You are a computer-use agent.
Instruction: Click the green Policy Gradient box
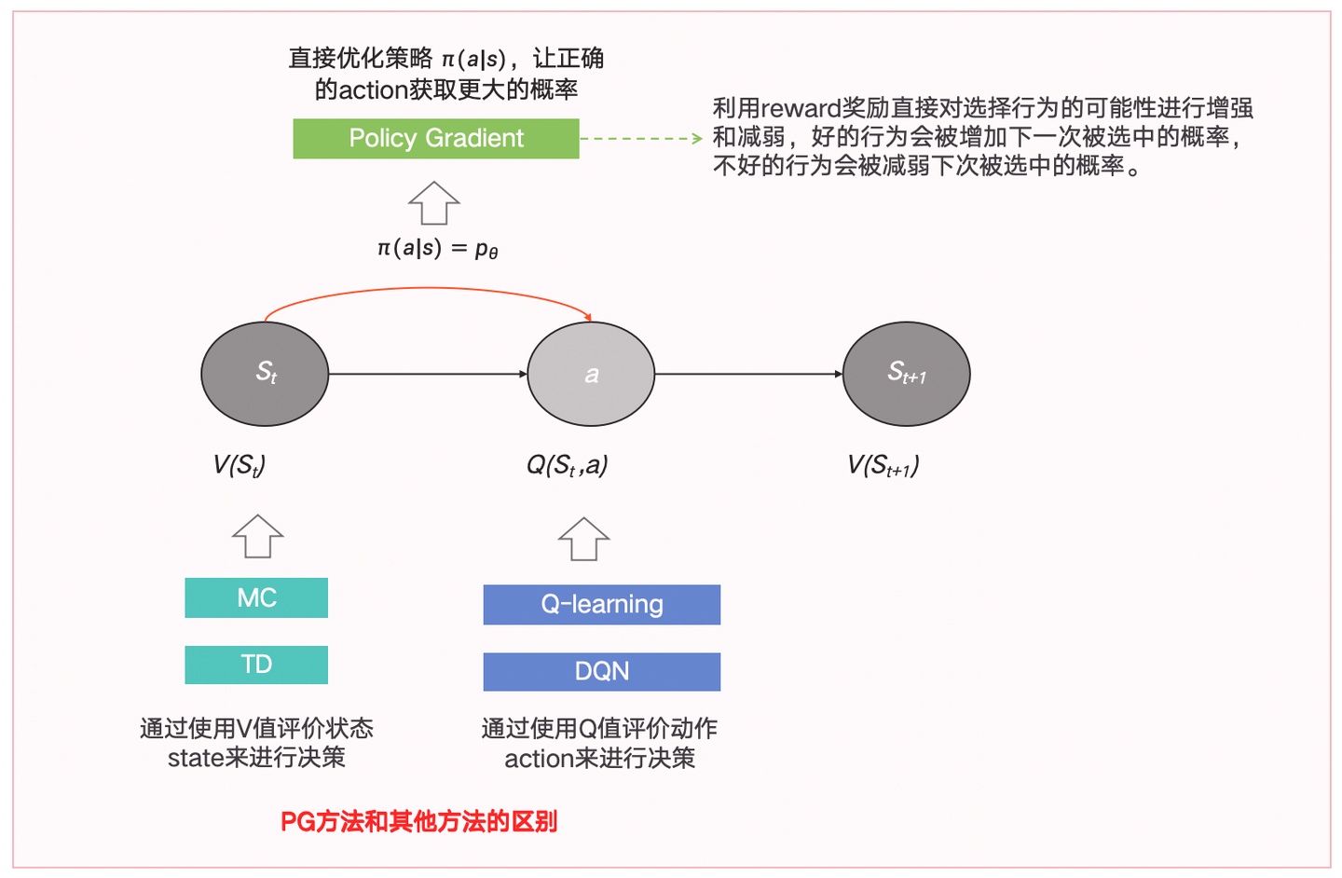(x=436, y=139)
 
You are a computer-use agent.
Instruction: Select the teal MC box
(x=256, y=597)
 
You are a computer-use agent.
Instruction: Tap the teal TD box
(x=256, y=665)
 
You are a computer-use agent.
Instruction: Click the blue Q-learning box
(x=601, y=604)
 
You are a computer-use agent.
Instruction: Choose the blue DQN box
(x=601, y=671)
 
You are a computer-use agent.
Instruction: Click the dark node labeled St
(x=265, y=374)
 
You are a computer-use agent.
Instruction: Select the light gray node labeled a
(x=591, y=374)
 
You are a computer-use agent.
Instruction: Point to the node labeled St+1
(x=906, y=374)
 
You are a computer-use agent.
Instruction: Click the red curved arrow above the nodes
(x=429, y=289)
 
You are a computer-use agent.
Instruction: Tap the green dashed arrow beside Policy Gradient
(x=641, y=139)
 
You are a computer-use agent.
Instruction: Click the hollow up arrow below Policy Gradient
(x=434, y=202)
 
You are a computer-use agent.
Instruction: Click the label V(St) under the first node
(x=240, y=464)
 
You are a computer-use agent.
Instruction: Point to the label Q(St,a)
(x=567, y=464)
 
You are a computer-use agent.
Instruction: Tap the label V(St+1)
(x=883, y=465)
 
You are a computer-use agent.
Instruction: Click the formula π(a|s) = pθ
(x=437, y=249)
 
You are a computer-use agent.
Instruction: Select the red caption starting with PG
(x=418, y=821)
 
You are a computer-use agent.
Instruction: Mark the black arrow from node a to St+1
(x=748, y=374)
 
